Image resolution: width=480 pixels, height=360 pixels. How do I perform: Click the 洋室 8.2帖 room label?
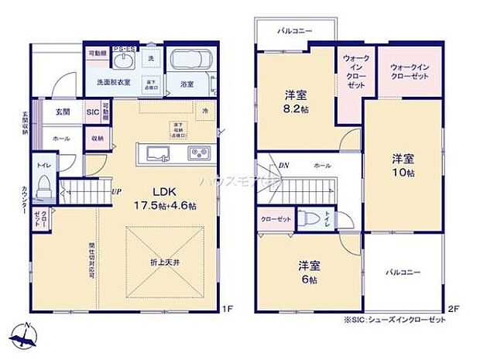(x=295, y=102)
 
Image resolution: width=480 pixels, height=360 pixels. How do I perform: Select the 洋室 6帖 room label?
(x=310, y=272)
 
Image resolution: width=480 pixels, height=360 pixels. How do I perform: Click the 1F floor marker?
(x=227, y=310)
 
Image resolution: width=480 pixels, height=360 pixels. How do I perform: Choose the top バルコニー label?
(x=295, y=30)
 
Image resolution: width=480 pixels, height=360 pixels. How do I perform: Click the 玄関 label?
(x=63, y=112)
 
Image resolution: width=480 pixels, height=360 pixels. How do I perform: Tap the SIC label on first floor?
(x=93, y=112)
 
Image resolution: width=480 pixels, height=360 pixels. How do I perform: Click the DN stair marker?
(x=284, y=165)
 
